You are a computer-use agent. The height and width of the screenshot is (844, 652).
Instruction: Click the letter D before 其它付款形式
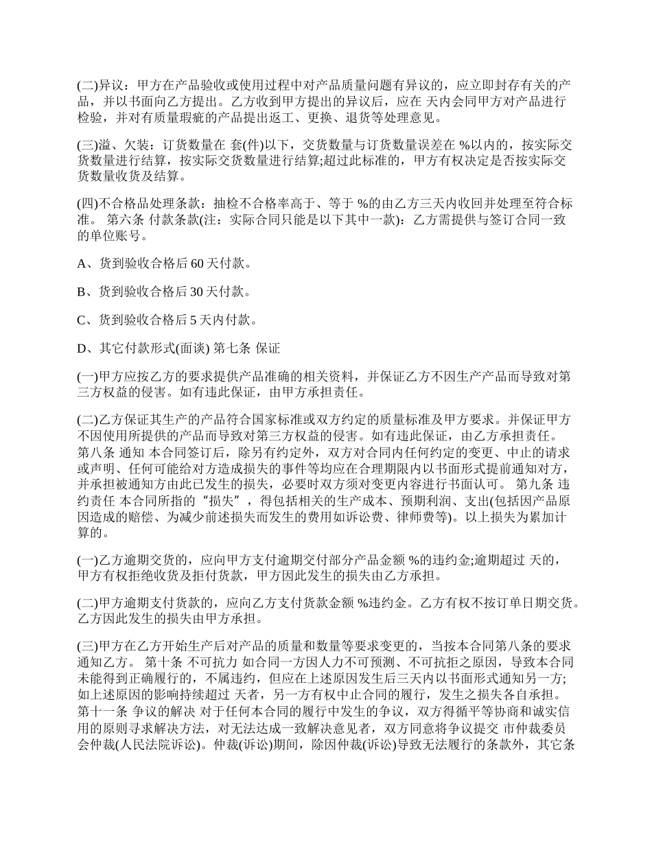coord(82,349)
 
